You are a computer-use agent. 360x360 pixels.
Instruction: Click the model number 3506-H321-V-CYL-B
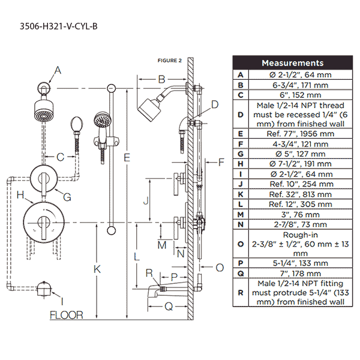59,26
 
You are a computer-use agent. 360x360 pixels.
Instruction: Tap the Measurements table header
292,62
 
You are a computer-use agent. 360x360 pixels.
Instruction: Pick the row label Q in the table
240,273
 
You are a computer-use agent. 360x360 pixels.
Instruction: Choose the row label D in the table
240,114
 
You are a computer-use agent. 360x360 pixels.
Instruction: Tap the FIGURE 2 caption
169,60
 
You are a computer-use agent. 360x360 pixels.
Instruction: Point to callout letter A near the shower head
58,71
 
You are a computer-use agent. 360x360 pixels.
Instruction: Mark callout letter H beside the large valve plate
20,194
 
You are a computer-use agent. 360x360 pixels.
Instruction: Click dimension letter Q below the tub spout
169,306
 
